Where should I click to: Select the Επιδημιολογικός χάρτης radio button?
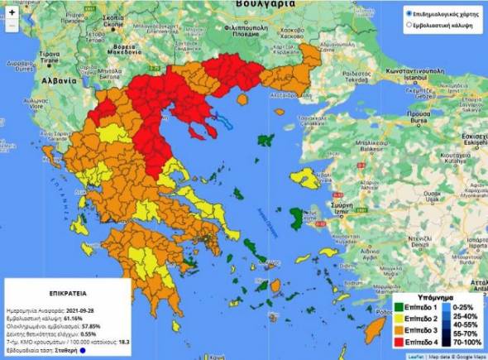click(x=409, y=14)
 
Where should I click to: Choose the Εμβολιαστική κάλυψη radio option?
click(x=409, y=26)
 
